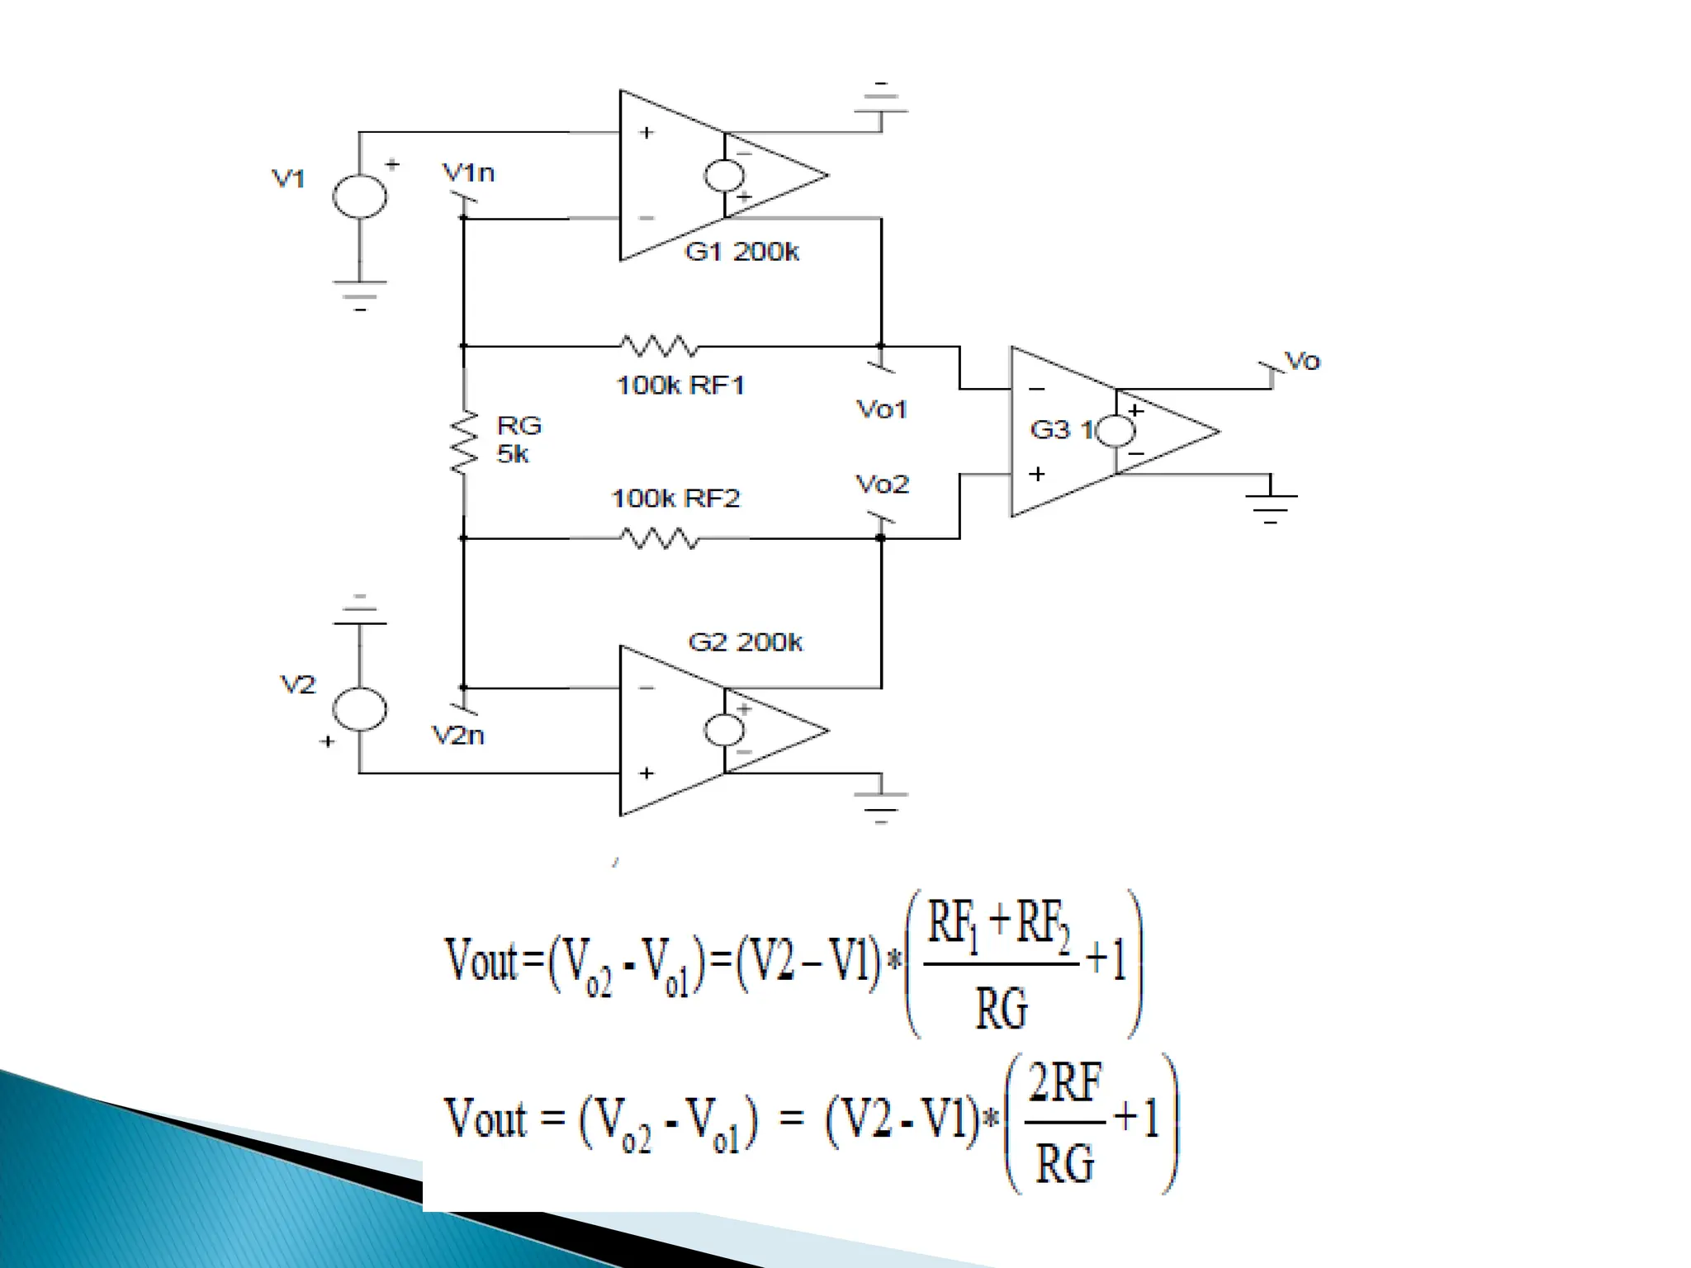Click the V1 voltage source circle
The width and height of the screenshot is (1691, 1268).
coord(359,196)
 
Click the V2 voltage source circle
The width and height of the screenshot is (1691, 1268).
coord(359,709)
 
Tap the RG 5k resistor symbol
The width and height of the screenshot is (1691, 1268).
coord(464,442)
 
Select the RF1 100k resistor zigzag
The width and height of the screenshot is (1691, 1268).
coord(659,346)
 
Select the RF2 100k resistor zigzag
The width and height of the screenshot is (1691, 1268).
coord(659,539)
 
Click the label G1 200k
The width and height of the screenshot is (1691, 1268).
coord(741,251)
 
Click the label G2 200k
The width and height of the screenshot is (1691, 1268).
coord(745,641)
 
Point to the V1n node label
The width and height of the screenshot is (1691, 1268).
coord(468,173)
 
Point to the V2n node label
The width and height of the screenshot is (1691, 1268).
coord(458,735)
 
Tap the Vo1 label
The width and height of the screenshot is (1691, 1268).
coord(882,409)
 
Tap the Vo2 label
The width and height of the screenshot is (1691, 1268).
coord(882,484)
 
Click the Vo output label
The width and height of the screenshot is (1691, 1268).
coord(1303,361)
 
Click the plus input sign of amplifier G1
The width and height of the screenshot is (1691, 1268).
coord(647,132)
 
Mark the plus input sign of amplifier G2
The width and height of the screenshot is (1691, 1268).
coord(647,773)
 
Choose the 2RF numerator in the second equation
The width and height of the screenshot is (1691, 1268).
coord(1065,1083)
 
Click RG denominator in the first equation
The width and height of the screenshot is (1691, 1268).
coord(1002,1008)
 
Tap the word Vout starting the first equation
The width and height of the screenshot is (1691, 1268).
coord(482,961)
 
